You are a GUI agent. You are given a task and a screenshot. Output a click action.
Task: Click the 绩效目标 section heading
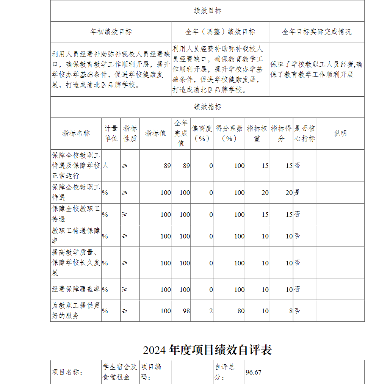coord(207,11)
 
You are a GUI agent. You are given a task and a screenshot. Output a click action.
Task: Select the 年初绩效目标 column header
coord(111,32)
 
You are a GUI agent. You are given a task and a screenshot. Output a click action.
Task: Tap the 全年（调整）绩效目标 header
coord(220,32)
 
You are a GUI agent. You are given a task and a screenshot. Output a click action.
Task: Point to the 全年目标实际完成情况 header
coord(316,32)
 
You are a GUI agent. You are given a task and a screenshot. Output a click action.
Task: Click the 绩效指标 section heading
coord(207,107)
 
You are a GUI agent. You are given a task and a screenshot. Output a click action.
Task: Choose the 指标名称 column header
coord(76,133)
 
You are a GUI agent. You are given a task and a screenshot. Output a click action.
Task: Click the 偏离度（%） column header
coord(202,133)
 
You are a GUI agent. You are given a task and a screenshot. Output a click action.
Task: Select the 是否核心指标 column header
coord(304,133)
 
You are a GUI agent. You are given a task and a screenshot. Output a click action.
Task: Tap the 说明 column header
coord(340,133)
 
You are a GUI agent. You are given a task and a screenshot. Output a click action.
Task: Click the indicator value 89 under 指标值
coord(167,166)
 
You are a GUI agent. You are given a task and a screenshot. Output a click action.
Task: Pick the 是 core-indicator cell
coord(298,193)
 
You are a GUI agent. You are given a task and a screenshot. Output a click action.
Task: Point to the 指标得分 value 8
coord(291,311)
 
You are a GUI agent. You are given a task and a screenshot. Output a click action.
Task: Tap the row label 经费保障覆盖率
coord(76,290)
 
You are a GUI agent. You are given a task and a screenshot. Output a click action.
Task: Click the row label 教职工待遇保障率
coord(76,236)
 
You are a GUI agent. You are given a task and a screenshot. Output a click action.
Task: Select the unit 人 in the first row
coord(105,166)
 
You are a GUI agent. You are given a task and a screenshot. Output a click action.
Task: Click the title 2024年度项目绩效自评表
coord(207,350)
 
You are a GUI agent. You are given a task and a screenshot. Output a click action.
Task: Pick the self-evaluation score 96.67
coord(254,372)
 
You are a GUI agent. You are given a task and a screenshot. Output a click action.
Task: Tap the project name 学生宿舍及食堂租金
coord(120,372)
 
